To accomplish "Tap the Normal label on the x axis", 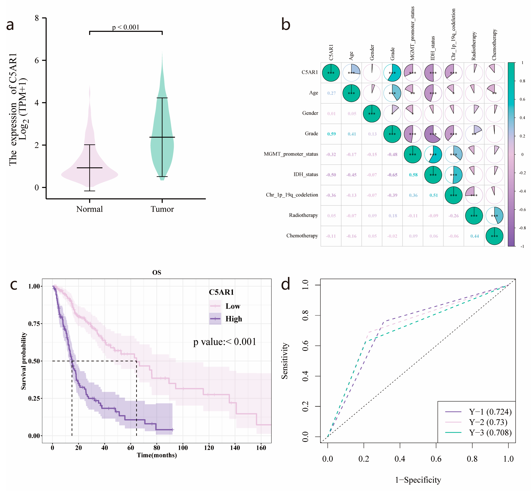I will point(89,209).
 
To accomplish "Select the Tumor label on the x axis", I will point(162,209).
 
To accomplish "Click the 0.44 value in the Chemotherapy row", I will point(474,236).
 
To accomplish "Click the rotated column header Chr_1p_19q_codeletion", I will point(454,35).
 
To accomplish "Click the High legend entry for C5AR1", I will point(234,319).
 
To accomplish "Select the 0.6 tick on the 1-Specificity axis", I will point(436,459).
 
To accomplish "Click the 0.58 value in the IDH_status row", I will point(413,175).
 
